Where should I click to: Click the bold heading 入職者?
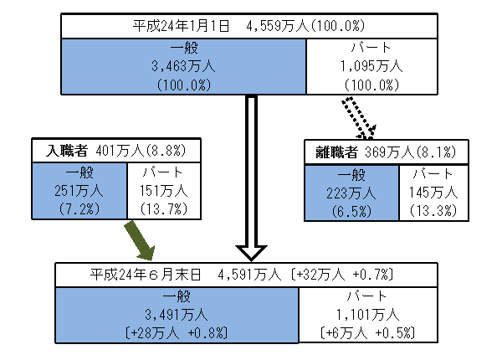[x=66, y=151]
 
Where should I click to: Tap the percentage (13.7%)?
[x=163, y=208]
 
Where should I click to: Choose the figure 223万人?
[x=351, y=191]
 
